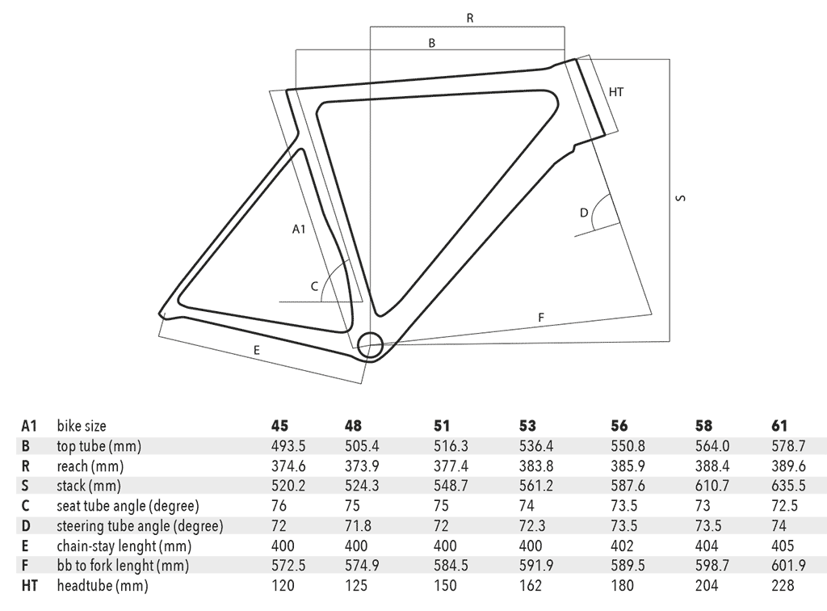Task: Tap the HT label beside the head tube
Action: tap(616, 92)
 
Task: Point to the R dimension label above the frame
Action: tap(470, 19)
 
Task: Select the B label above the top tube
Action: tap(432, 44)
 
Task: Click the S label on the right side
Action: tap(681, 198)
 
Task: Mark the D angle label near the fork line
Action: tap(584, 213)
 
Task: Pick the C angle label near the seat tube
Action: tap(314, 286)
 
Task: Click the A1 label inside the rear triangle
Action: tap(299, 229)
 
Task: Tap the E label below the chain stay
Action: tap(257, 350)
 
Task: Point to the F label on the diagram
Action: tap(540, 318)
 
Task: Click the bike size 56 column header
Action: tap(619, 426)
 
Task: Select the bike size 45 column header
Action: tap(280, 426)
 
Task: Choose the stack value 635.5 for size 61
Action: tap(788, 486)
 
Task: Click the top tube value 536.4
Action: tap(536, 446)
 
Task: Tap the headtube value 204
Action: tap(707, 585)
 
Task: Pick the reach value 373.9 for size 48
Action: tap(362, 466)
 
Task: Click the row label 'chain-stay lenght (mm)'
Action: tap(124, 546)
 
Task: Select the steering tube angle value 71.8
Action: tap(358, 525)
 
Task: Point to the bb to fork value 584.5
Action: tap(451, 565)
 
